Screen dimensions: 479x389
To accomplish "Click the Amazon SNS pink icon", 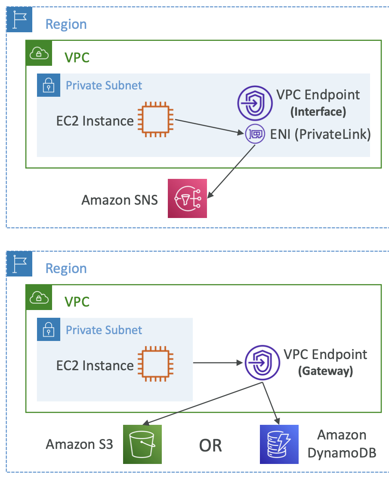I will coord(187,198).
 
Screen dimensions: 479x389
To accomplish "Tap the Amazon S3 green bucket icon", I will coord(142,444).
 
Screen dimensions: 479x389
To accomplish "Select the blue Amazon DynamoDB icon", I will coord(279,444).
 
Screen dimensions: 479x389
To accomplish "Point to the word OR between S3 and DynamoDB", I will coord(210,446).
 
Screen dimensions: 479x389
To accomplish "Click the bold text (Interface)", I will coord(318,112).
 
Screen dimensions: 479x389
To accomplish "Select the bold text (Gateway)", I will coord(325,371).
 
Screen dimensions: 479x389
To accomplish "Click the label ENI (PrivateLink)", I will coord(321,134).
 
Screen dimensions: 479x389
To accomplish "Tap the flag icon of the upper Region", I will coord(19,19).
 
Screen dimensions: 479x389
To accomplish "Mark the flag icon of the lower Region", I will coord(19,263).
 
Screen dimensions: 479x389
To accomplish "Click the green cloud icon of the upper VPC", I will coord(39,53).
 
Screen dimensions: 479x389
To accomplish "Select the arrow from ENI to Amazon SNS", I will coord(232,170).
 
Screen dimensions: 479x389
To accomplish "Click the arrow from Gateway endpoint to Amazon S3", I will coord(202,404).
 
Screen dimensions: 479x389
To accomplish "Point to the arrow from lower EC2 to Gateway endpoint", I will coord(217,363).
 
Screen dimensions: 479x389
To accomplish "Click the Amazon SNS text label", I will coord(120,200).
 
